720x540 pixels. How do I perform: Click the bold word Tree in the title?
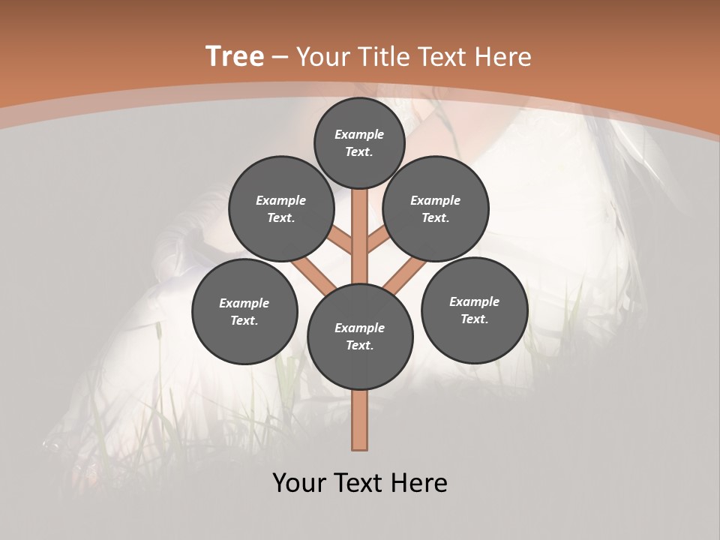coord(235,57)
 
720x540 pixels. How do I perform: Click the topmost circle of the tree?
coord(359,142)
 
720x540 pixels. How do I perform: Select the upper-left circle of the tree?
coord(281,208)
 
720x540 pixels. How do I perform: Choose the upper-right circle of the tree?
coord(436,208)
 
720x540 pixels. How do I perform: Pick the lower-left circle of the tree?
coord(244,311)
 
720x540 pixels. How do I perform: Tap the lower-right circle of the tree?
coord(474,310)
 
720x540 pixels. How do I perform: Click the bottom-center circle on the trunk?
coord(360,337)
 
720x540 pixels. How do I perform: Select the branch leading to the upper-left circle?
coord(341,242)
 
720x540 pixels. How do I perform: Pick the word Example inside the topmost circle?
coord(359,134)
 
